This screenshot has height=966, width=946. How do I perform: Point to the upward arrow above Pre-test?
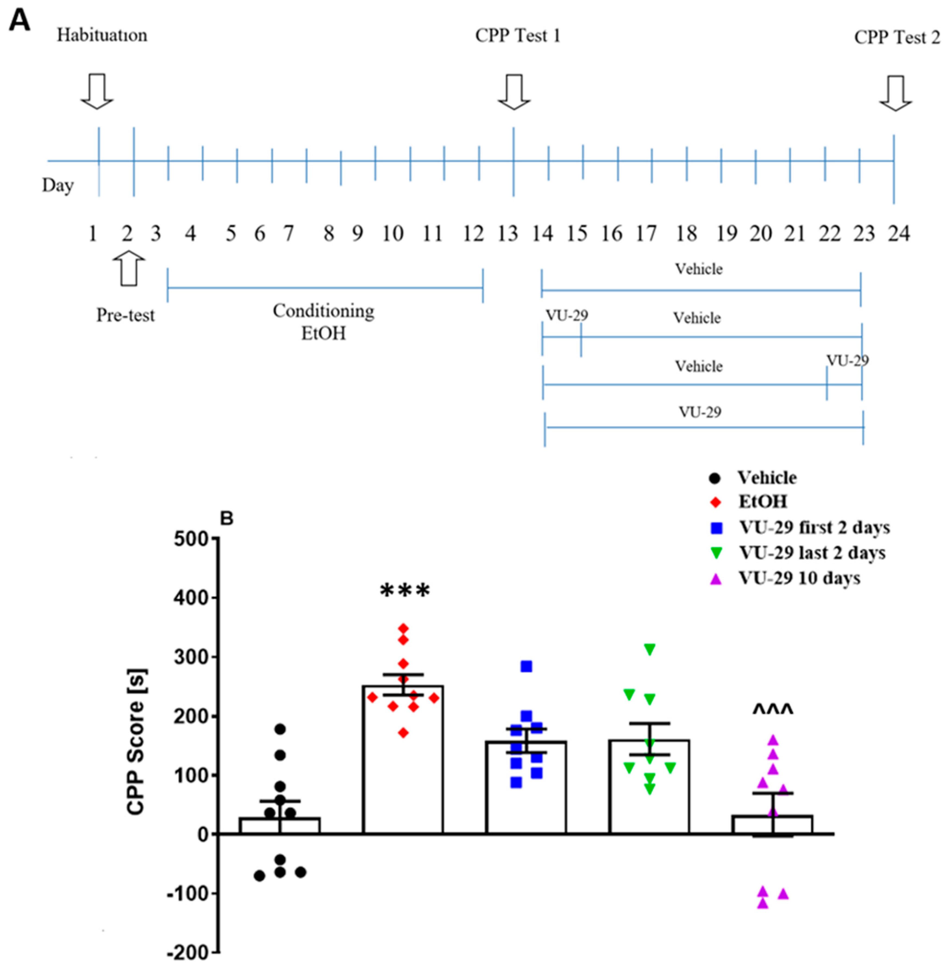point(129,268)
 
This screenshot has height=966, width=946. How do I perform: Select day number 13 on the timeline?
point(508,234)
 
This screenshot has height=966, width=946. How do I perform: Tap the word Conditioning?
point(324,311)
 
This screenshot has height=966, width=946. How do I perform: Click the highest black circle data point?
point(280,729)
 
